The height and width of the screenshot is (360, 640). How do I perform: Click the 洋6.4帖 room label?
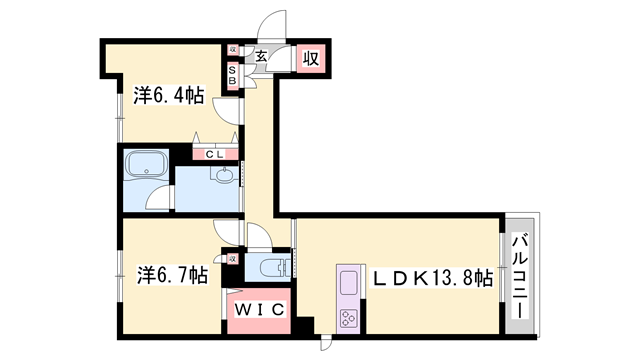coord(169,96)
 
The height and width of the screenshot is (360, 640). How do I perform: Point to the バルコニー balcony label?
coord(521,275)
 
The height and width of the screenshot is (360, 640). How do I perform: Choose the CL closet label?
coord(215,155)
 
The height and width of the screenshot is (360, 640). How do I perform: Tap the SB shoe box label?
coord(232,73)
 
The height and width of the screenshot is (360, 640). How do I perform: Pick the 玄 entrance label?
coord(260,57)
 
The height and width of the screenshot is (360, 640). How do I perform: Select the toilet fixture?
coord(277,267)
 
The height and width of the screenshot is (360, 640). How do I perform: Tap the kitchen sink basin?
coord(348,282)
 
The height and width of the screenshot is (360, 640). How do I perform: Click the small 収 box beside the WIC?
coord(232,259)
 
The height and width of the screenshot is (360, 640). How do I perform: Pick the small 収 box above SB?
coord(232,49)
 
